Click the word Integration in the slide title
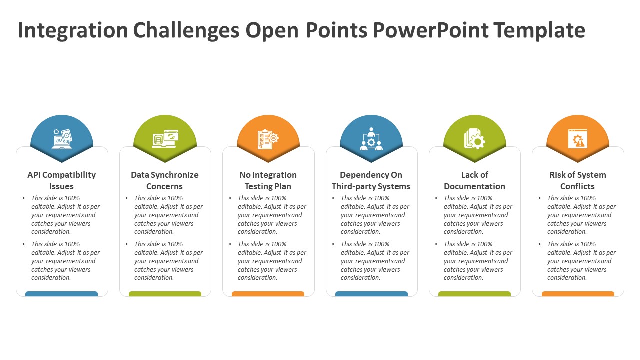click(x=73, y=31)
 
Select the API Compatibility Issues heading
click(x=61, y=180)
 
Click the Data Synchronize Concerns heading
click(x=165, y=180)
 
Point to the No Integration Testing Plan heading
click(x=268, y=180)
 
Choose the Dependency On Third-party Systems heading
click(x=371, y=180)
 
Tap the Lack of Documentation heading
click(x=474, y=180)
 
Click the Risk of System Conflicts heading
click(x=577, y=180)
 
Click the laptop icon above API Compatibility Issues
click(x=62, y=139)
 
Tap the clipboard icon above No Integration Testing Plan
click(x=268, y=139)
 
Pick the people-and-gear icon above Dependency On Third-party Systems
click(x=371, y=139)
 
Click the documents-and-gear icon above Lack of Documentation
click(x=474, y=139)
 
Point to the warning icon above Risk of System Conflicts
click(x=577, y=139)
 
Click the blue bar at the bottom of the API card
click(x=61, y=294)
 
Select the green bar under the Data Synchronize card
click(x=165, y=294)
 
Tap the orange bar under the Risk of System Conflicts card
click(x=578, y=294)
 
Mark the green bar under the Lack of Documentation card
click(x=474, y=294)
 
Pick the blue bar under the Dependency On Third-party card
click(x=371, y=294)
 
